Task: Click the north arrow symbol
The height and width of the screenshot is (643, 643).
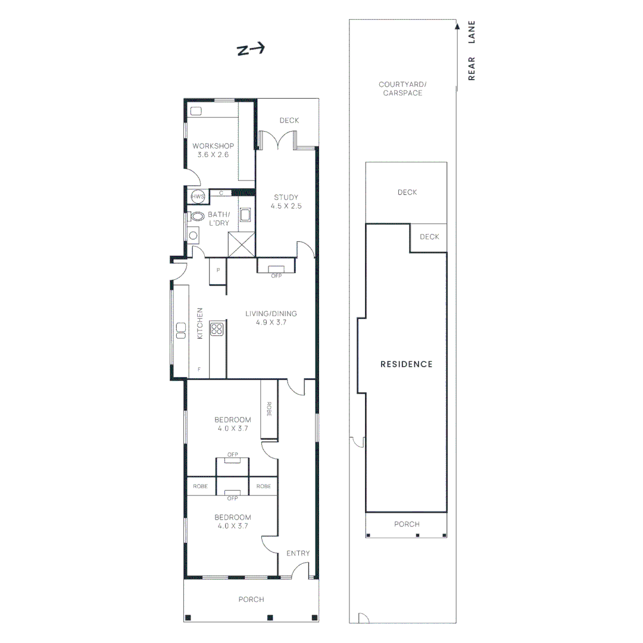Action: tap(251, 50)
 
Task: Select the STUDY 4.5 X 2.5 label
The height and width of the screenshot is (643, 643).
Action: tap(286, 202)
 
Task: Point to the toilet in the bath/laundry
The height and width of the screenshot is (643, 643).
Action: tap(197, 216)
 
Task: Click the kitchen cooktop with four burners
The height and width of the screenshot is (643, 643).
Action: tap(217, 329)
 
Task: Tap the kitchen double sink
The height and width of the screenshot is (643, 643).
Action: tap(180, 329)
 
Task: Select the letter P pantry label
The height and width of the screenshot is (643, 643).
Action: tap(219, 270)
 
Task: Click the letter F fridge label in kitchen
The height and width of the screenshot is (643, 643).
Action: tap(199, 370)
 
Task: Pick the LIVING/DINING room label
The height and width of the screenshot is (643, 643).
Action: tap(271, 318)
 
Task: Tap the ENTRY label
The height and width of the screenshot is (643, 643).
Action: tap(298, 553)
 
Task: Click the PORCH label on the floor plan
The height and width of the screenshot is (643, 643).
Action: tap(251, 600)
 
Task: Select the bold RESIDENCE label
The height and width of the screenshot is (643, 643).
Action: tap(406, 364)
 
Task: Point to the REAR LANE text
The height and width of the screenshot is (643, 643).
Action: tap(472, 51)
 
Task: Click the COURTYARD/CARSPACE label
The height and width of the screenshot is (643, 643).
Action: tap(401, 89)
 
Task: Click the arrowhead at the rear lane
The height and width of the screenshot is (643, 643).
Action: tap(457, 25)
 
